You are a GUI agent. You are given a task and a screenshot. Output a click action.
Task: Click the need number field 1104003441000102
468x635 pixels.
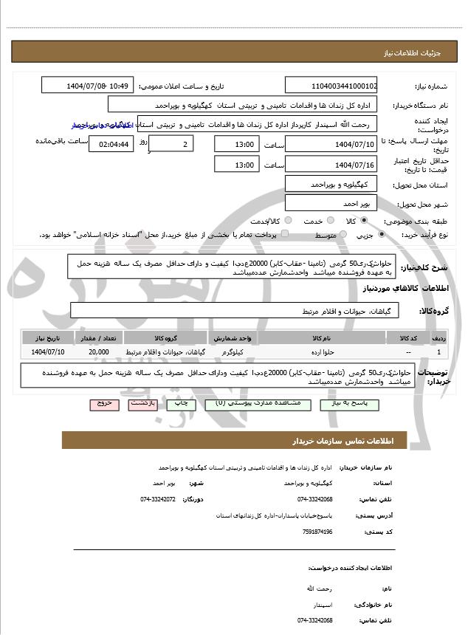coord(331,86)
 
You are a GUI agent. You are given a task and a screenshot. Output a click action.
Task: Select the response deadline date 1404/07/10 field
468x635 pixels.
coord(331,143)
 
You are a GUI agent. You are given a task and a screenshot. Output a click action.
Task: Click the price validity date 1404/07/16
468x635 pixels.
coord(331,164)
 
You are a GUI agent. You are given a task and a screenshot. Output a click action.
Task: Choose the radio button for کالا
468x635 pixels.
coord(371,221)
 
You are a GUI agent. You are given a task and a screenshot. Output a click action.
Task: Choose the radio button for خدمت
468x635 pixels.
coord(330,221)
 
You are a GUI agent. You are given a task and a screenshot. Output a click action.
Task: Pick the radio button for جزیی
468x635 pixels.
coord(381,235)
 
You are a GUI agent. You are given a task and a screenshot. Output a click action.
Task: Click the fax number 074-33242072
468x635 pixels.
coord(158,499)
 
